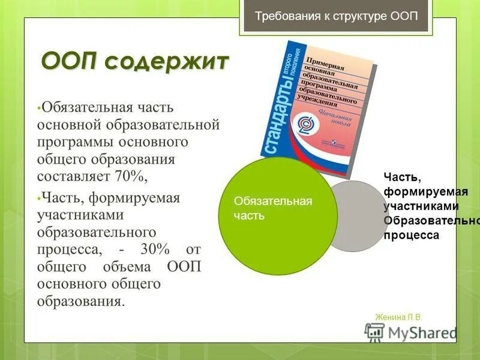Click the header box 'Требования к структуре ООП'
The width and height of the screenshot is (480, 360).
coord(337,16)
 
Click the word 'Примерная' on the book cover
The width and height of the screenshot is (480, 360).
coord(329,64)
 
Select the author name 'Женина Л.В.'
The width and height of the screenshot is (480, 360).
coord(398,317)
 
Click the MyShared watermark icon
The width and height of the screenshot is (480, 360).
coord(375,332)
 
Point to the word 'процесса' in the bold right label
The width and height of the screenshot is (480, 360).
coord(412,235)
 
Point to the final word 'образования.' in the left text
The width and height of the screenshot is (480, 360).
coord(81,301)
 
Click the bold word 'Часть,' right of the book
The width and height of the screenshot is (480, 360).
coord(398,177)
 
